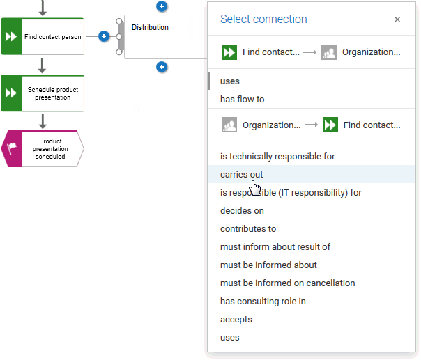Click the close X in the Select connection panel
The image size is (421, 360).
click(397, 19)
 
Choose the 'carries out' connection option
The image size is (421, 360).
click(241, 175)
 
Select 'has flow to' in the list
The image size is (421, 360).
click(242, 100)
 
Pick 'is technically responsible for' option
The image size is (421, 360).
click(277, 157)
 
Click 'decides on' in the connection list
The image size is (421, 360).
click(242, 211)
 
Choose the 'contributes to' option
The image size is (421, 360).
click(248, 229)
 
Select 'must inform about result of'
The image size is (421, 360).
click(275, 246)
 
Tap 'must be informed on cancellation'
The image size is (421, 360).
click(288, 283)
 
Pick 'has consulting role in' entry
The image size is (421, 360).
click(263, 302)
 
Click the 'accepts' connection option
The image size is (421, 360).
click(236, 320)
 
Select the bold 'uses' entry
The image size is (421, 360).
click(229, 81)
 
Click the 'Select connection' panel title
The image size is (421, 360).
click(263, 19)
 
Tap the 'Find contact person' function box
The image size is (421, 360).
click(43, 36)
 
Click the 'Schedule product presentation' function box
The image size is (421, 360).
click(43, 93)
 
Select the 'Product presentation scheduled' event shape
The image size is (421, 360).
click(43, 148)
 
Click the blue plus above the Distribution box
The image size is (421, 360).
click(162, 6)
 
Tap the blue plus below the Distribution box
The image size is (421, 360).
click(162, 67)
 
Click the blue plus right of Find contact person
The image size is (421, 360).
click(104, 36)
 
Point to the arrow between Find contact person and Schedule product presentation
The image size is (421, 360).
click(42, 65)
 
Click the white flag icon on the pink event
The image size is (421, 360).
click(11, 148)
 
